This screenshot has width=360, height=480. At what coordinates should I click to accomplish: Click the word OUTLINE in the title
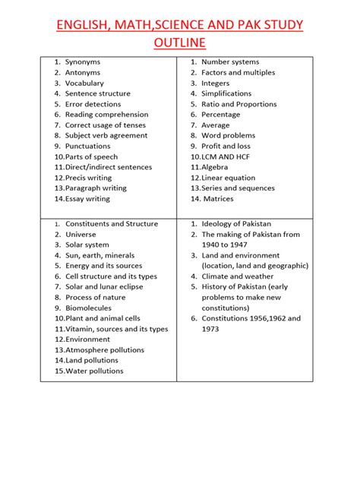coord(180,43)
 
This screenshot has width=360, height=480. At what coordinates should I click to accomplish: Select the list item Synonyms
coord(83,62)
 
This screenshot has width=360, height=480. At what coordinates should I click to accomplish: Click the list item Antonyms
coord(83,72)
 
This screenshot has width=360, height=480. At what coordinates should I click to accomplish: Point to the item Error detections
coord(93,104)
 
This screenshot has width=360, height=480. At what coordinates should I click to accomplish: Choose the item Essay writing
coord(87,199)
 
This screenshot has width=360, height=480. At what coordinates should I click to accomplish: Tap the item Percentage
coord(220,115)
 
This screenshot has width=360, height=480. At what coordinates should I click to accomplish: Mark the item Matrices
coord(219,199)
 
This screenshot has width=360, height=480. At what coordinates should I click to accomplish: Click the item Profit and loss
coord(226,146)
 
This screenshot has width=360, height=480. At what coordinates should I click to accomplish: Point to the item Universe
coord(81,235)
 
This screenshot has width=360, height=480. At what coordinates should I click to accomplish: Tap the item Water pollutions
coord(94,371)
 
